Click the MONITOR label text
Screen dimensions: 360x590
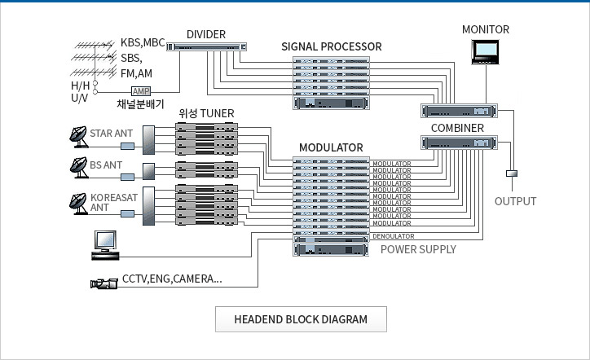(x=485, y=29)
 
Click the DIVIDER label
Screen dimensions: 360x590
(x=205, y=34)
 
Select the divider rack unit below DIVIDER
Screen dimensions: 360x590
(x=207, y=47)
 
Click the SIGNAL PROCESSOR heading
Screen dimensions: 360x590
(x=331, y=46)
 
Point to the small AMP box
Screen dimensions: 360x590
(x=140, y=90)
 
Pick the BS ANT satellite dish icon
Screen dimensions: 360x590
(x=80, y=167)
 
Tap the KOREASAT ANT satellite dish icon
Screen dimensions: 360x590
(x=80, y=200)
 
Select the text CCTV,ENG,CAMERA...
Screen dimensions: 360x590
(x=171, y=279)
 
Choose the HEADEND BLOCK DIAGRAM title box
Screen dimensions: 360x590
(x=301, y=319)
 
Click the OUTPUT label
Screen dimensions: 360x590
(x=516, y=201)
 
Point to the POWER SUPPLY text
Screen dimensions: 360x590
(x=418, y=249)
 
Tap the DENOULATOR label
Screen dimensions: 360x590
(x=393, y=236)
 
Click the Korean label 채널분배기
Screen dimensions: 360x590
(x=142, y=104)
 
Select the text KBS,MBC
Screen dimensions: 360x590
(x=143, y=42)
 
